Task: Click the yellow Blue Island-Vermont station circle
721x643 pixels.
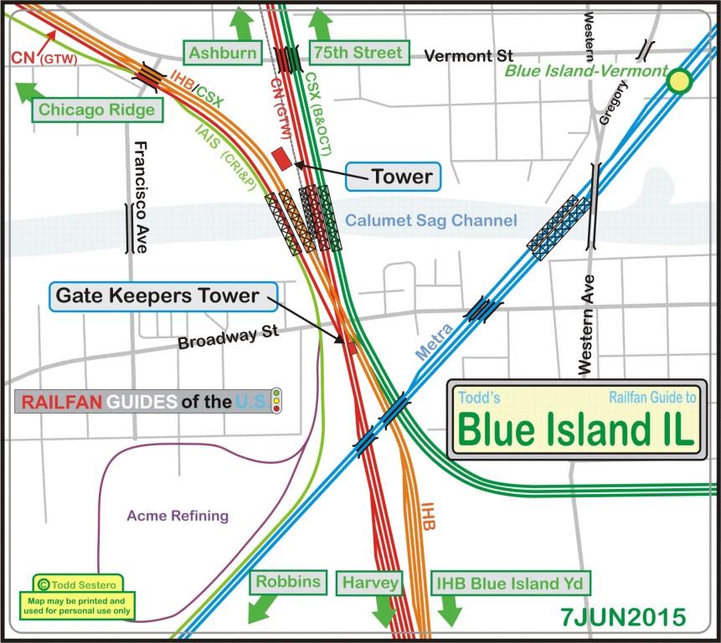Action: (678, 81)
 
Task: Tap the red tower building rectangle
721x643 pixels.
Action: (282, 158)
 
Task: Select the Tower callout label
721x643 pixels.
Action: (402, 176)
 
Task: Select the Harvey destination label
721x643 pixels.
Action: (370, 583)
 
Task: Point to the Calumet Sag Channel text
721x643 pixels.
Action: (430, 220)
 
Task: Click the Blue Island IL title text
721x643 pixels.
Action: (576, 430)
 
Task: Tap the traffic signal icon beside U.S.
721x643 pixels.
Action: (276, 401)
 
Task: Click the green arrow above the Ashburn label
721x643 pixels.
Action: (242, 23)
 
